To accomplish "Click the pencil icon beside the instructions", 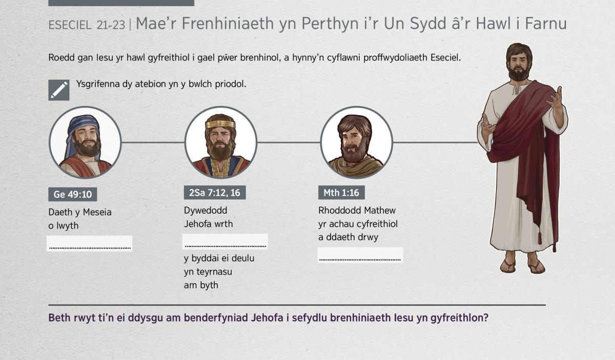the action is pyautogui.click(x=59, y=90).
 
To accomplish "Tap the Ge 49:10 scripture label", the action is pyautogui.click(x=72, y=194).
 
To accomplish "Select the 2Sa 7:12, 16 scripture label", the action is pyautogui.click(x=215, y=193).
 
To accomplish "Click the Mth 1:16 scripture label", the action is pyautogui.click(x=341, y=193).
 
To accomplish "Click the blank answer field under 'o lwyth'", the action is pyautogui.click(x=90, y=243).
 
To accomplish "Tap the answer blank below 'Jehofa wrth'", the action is pyautogui.click(x=225, y=242).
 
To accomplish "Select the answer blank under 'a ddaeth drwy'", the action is pyautogui.click(x=360, y=255).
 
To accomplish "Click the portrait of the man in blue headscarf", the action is pyautogui.click(x=85, y=142).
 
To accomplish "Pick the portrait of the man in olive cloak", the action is pyautogui.click(x=356, y=142).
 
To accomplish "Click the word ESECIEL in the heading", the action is pyautogui.click(x=70, y=25).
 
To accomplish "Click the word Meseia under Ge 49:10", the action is pyautogui.click(x=97, y=212).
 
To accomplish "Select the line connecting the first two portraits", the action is pyautogui.click(x=153, y=142).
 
